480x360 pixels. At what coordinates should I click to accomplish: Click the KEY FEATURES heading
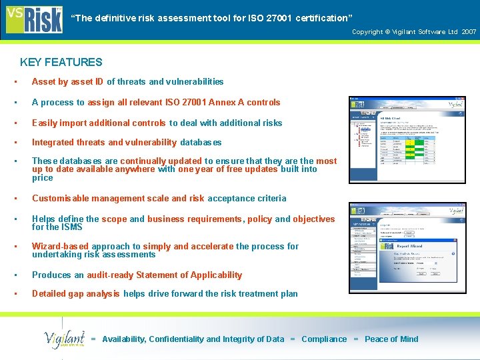[x=61, y=62]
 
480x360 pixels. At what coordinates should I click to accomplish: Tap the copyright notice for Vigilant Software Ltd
[x=414, y=31]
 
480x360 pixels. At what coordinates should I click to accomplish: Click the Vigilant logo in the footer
[x=65, y=339]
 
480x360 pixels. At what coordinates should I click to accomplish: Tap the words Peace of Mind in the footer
[x=391, y=339]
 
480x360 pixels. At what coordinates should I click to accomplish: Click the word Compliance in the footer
[x=324, y=339]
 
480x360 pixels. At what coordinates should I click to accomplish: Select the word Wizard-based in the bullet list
[x=61, y=247]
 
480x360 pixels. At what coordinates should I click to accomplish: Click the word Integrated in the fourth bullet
[x=53, y=142]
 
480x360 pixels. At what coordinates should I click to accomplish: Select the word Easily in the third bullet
[x=45, y=123]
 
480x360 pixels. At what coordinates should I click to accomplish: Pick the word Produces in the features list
[x=52, y=275]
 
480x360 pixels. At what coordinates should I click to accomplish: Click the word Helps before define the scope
[x=44, y=219]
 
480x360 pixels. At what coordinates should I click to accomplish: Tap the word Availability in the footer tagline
[x=123, y=339]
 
